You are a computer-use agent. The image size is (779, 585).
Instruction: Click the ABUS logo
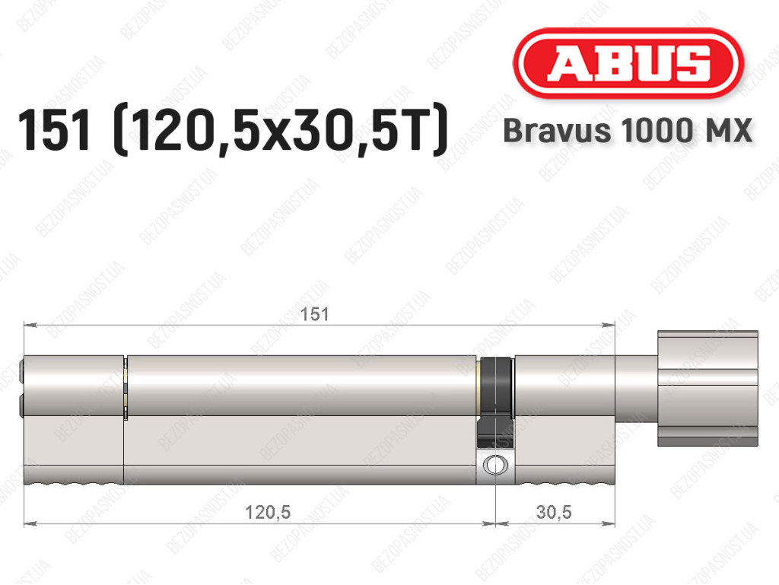coord(628,63)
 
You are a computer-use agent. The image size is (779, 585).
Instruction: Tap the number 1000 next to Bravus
coord(653,131)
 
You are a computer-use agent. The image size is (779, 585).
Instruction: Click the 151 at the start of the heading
coord(55,130)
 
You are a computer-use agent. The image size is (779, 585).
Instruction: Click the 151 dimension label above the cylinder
coord(314,314)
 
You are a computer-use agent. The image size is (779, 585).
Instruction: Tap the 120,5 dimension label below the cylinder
coord(268,512)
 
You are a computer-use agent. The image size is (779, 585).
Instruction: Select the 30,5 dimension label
coord(554,512)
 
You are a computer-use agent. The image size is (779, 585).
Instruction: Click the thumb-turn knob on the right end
coord(707,388)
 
